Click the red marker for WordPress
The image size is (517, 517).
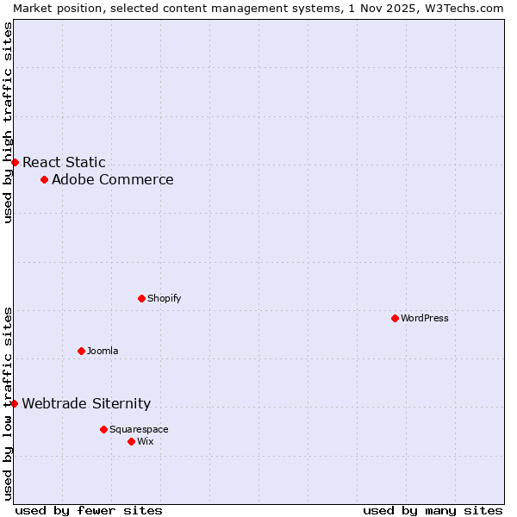point(395,318)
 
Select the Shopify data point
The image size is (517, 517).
point(141,298)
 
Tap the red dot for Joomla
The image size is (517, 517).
point(81,351)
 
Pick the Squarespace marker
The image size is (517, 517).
point(103,429)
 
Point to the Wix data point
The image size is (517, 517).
point(131,441)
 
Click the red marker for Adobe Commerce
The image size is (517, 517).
point(44,179)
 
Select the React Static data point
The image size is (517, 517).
point(15,162)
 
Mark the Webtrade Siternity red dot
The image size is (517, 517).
point(14,403)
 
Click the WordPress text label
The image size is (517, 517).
point(425,318)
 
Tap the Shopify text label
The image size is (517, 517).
point(165,298)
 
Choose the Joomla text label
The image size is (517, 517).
point(103,351)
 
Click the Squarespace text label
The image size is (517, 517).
point(139,429)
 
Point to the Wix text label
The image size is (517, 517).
point(146,441)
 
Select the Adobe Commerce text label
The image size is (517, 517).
point(113,179)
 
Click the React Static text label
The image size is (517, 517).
point(65,162)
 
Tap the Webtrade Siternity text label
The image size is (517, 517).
point(86,403)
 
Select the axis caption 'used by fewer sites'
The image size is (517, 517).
point(89,510)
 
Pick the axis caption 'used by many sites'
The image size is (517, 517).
point(433,510)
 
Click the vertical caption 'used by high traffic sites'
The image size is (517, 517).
point(8,122)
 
